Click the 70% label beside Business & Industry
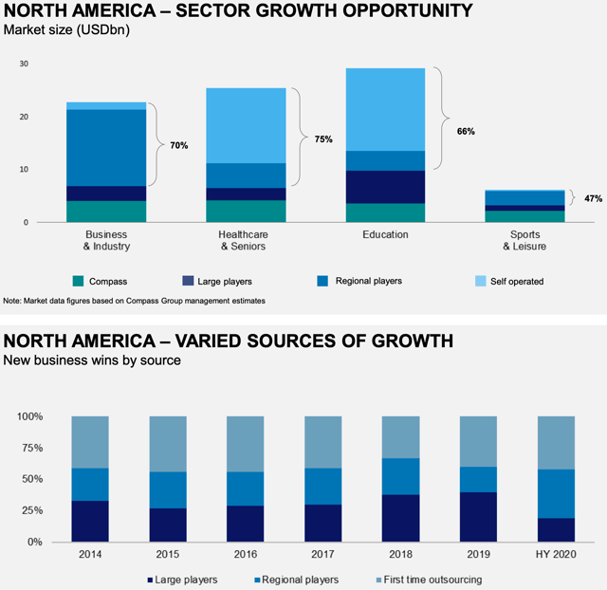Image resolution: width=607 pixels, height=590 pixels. pos(179,145)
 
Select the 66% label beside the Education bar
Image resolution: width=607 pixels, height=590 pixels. pos(466,131)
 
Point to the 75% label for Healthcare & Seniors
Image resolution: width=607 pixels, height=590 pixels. pos(323,138)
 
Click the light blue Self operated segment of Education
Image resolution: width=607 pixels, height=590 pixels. pos(384,109)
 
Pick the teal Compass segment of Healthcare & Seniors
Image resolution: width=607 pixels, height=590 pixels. pos(247,211)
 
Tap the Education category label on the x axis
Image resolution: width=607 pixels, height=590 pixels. pos(384,234)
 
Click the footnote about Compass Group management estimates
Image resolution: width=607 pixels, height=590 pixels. pos(134,301)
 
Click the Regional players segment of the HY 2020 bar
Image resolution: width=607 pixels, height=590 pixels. pos(557,493)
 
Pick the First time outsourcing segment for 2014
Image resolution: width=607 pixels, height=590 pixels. pos(90,442)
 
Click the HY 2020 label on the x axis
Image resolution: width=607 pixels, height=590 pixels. pos(557,554)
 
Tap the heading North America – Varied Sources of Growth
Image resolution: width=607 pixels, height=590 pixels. pos(229,341)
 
